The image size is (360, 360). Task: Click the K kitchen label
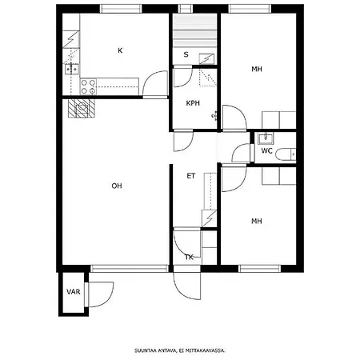(120, 50)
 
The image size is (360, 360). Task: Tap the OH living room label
(117, 186)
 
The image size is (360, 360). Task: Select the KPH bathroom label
(193, 103)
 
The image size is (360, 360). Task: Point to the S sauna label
(186, 54)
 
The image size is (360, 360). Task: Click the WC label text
(266, 151)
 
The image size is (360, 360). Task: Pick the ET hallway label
(191, 176)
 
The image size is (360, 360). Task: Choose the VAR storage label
(74, 292)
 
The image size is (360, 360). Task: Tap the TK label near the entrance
(189, 258)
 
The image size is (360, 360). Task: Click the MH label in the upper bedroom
(257, 70)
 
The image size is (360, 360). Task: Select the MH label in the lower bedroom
(257, 221)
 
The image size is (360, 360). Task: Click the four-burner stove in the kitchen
(88, 86)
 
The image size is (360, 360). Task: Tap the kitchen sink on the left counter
(71, 69)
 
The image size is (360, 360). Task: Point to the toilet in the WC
(286, 154)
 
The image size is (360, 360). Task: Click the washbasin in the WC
(266, 138)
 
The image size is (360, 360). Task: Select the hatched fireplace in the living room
(82, 108)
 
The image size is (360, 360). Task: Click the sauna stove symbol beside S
(206, 59)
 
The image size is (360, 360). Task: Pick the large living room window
(130, 269)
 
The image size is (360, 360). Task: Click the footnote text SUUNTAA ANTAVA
(155, 350)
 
